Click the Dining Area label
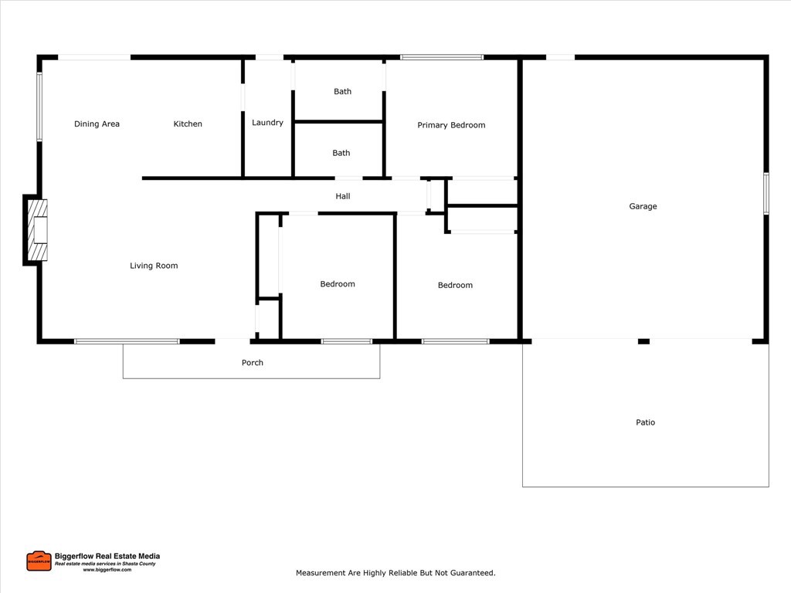point(97,124)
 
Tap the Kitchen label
point(188,124)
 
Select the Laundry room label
point(267,123)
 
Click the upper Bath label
point(342,92)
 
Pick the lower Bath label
point(341,154)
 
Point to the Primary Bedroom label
point(451,125)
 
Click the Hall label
point(343,197)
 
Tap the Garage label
point(643,207)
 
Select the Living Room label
point(154,266)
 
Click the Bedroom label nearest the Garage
point(455,286)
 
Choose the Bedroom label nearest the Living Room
point(338,284)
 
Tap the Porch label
point(253,363)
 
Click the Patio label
point(645,423)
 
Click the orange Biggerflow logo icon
point(39,561)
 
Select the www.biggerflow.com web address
point(107,570)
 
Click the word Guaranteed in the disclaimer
point(470,574)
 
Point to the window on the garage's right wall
point(766,193)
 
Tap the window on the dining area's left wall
point(39,107)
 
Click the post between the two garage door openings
point(643,341)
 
